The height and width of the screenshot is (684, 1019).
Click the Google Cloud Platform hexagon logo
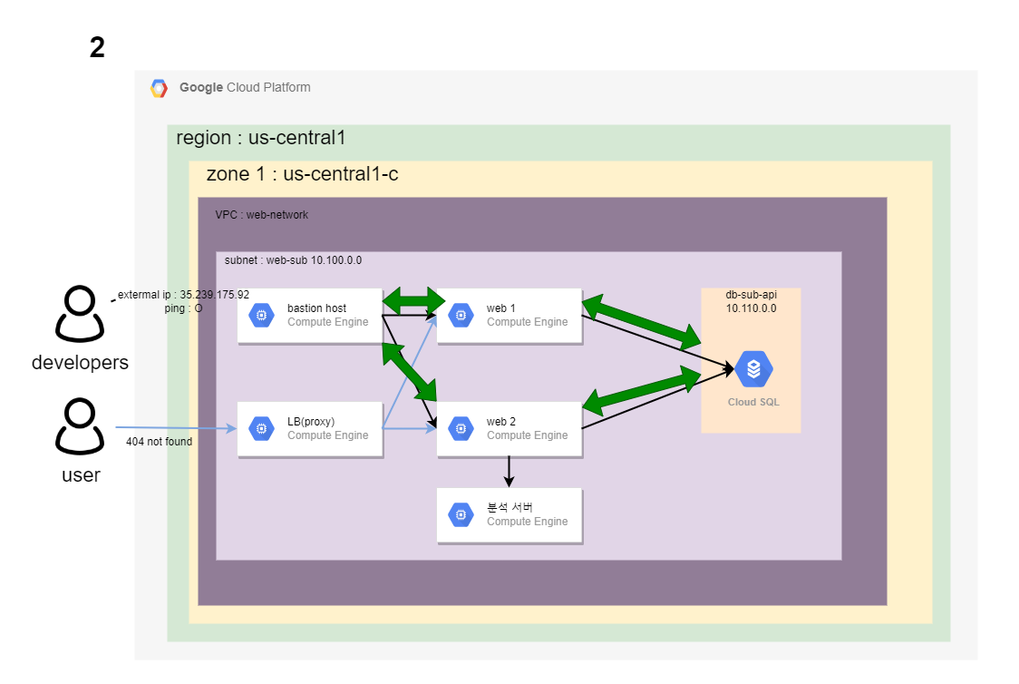159,88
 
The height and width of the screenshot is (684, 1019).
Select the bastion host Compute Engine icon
261,315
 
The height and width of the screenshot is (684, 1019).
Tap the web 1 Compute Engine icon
461,315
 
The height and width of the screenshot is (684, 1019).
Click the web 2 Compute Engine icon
461,428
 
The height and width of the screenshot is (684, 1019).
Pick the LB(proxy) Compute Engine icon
261,428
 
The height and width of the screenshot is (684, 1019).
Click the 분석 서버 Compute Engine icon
461,514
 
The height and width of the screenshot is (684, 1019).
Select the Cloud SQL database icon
753,369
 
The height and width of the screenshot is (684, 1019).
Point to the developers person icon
80,314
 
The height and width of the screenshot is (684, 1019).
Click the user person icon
80,426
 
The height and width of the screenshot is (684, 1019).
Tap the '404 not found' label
160,442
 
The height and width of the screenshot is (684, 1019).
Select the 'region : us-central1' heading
260,138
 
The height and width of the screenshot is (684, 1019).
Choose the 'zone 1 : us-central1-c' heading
302,174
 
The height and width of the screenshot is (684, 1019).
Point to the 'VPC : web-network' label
261,215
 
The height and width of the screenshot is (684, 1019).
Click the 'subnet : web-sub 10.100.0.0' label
293,259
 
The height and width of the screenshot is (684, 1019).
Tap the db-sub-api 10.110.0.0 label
751,301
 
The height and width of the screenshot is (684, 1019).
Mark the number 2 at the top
97,48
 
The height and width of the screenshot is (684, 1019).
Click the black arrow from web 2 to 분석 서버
510,470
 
